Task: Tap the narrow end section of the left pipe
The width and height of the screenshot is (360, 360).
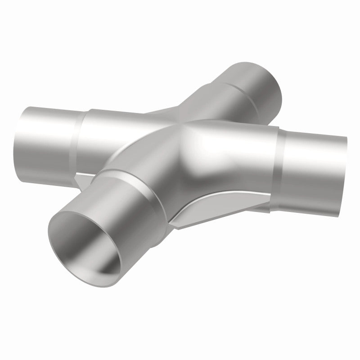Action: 45,135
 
